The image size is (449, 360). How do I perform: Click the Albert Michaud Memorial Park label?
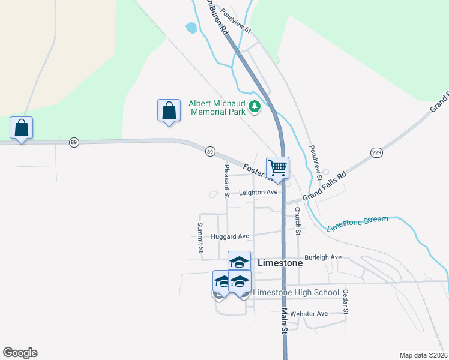(x=217, y=107)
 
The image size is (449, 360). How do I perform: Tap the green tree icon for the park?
(x=255, y=107)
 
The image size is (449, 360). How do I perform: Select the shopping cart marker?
(x=277, y=167)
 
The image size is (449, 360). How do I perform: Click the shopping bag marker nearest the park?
(x=169, y=110)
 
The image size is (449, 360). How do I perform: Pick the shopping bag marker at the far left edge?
(x=21, y=128)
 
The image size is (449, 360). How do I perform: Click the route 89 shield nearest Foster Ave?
(x=209, y=152)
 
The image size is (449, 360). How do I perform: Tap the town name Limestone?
(x=280, y=263)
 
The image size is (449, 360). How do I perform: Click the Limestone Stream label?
(x=358, y=223)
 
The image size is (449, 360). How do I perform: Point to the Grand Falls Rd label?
(x=325, y=185)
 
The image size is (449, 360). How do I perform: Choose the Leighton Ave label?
(x=258, y=193)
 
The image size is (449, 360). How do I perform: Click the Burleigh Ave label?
(x=323, y=257)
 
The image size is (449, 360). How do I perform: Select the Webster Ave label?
(x=309, y=314)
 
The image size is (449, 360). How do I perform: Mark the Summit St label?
(x=200, y=237)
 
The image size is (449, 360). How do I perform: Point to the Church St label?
(x=297, y=220)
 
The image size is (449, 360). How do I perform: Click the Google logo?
(x=20, y=353)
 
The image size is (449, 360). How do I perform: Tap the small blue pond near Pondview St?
(x=191, y=28)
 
